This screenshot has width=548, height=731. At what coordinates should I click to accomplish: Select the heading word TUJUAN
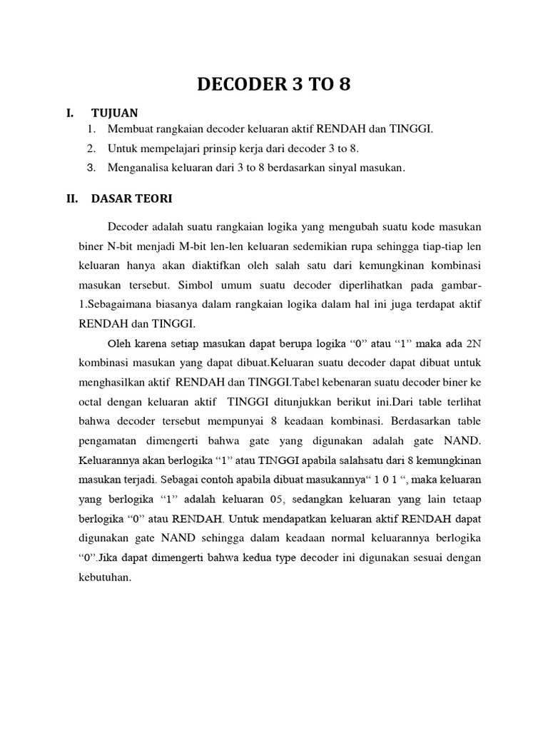pos(115,113)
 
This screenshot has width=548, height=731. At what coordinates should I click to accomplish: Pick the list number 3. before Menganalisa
pos(91,168)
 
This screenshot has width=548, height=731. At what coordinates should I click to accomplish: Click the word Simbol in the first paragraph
pos(176,285)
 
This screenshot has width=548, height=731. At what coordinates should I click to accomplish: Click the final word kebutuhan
pos(104,578)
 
